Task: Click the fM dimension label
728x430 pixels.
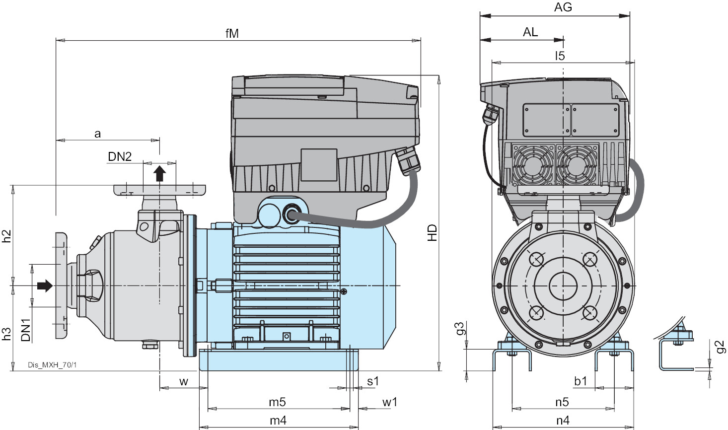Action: [232, 33]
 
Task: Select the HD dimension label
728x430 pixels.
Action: [433, 232]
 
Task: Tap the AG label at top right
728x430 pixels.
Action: [563, 7]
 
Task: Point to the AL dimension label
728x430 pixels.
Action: [530, 32]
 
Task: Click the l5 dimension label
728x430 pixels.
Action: [560, 56]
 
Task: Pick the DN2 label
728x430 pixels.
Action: [120, 157]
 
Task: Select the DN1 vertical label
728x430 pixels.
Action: [26, 329]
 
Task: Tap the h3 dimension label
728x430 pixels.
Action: [6, 334]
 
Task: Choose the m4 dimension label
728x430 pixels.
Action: [278, 421]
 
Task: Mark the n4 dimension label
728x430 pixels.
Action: [563, 421]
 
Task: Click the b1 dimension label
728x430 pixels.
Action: [581, 381]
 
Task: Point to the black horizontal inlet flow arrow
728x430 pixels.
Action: [45, 286]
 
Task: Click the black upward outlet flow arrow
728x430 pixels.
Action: [159, 173]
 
